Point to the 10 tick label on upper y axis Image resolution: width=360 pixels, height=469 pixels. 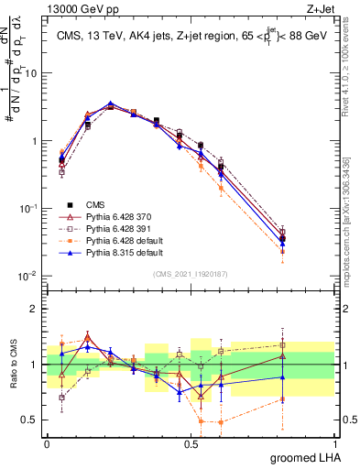32,72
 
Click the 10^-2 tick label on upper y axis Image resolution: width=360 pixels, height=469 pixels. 29,276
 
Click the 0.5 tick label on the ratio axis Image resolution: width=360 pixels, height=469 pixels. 32,420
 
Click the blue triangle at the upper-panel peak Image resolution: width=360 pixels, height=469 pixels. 111,104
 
